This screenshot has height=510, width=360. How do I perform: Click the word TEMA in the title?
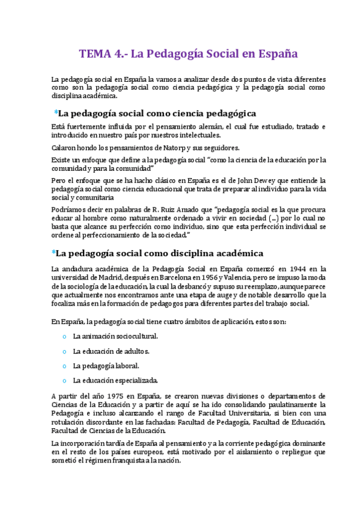pos(94,54)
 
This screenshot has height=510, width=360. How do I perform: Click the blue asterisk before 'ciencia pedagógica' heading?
pos(56,112)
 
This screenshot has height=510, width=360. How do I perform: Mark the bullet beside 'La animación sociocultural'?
pos(64,336)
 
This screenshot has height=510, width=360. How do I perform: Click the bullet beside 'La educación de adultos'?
pos(64,351)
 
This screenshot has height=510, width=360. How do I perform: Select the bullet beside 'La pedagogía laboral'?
pos(64,366)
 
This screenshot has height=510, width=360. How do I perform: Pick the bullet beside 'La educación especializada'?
pos(64,380)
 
